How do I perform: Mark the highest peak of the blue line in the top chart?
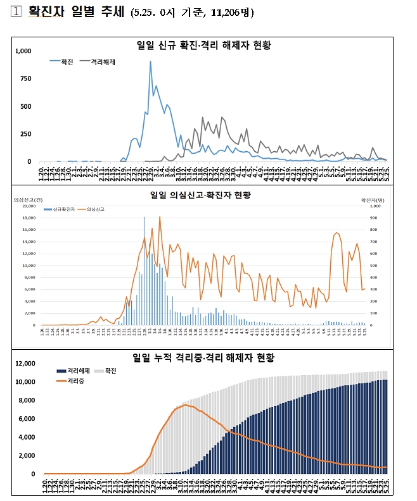click(150, 62)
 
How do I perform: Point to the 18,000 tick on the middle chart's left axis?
click(29, 218)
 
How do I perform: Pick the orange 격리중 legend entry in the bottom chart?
click(74, 381)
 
